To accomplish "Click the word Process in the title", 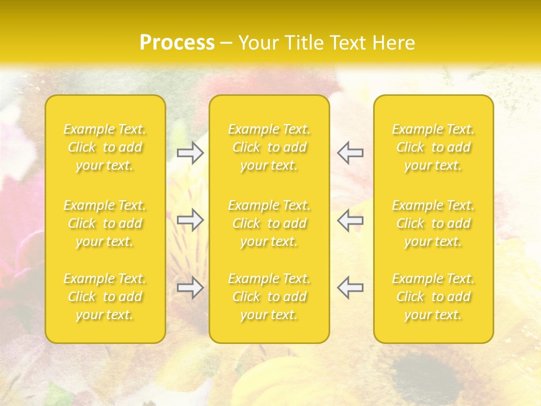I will point(177,42).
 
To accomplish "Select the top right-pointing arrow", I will point(190,153).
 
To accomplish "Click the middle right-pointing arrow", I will point(190,220).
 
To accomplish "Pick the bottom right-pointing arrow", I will point(190,288).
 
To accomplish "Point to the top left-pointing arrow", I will point(351,153).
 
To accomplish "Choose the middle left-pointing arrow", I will point(351,220).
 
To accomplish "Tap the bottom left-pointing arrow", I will point(351,288).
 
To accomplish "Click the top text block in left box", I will point(105,147).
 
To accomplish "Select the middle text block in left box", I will point(105,223).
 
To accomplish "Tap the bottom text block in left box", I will point(105,297).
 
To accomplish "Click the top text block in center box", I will point(269,147).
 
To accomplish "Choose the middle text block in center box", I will point(269,223).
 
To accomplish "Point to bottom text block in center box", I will point(269,297).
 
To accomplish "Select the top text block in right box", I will point(433,147).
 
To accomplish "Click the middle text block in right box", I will point(433,223).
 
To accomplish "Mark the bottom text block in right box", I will point(433,297).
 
